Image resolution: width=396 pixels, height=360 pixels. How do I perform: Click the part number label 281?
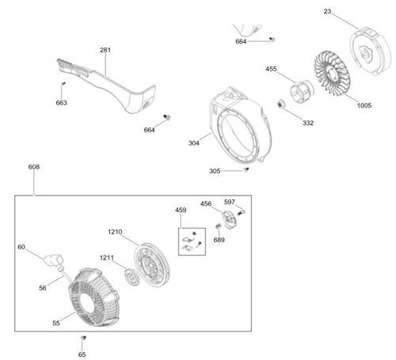(x=105, y=50)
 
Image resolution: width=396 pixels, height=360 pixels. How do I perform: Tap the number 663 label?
(x=61, y=103)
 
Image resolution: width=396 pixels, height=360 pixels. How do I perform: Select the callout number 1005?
(x=364, y=105)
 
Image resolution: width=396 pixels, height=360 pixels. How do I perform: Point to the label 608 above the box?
(x=34, y=167)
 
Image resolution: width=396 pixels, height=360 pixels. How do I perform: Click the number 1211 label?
(x=107, y=258)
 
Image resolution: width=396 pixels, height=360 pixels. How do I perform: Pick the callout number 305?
(x=215, y=171)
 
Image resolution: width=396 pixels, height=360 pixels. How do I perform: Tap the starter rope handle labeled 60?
(x=54, y=260)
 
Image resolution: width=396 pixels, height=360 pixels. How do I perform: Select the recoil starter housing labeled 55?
(x=94, y=297)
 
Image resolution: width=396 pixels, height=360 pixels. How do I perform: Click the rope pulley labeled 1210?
(x=151, y=265)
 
